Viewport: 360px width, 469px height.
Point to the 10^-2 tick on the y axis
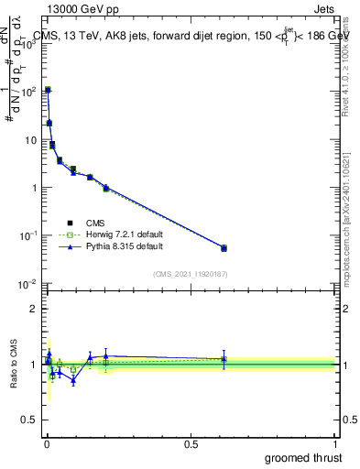click(x=28, y=283)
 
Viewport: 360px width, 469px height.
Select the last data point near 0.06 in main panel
click(x=224, y=248)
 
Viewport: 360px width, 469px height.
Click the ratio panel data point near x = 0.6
click(x=224, y=359)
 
